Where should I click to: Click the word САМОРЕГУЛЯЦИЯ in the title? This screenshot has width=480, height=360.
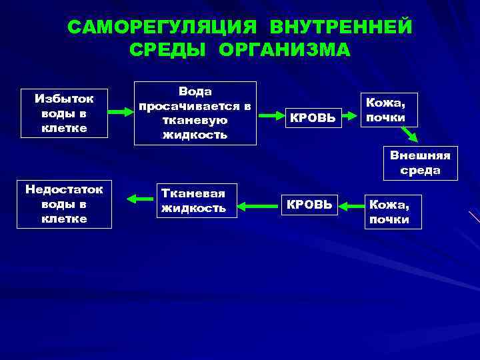pos(162,27)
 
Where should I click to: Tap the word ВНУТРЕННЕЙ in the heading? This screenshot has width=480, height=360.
pos(341,27)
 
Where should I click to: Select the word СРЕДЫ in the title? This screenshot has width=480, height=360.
pos(169,51)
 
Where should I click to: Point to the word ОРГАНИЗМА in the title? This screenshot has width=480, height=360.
pos(284,51)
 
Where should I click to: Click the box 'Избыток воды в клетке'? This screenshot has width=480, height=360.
pos(64,113)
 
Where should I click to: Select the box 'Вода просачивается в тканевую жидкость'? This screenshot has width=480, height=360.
pos(195,113)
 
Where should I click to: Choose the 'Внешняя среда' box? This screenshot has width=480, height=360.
pos(420,163)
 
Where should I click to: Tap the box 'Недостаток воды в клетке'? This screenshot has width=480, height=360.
pos(64,204)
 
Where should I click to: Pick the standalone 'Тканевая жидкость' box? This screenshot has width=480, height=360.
pos(193,200)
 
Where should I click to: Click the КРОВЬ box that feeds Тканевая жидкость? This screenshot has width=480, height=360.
pos(309,204)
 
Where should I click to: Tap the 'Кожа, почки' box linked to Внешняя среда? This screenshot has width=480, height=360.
pos(389,109)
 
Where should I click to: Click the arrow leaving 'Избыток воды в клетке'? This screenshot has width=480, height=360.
pos(121,112)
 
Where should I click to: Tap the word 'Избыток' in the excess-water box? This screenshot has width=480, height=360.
pos(64,98)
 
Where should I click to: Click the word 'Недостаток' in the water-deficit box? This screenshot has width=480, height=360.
pos(64,189)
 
